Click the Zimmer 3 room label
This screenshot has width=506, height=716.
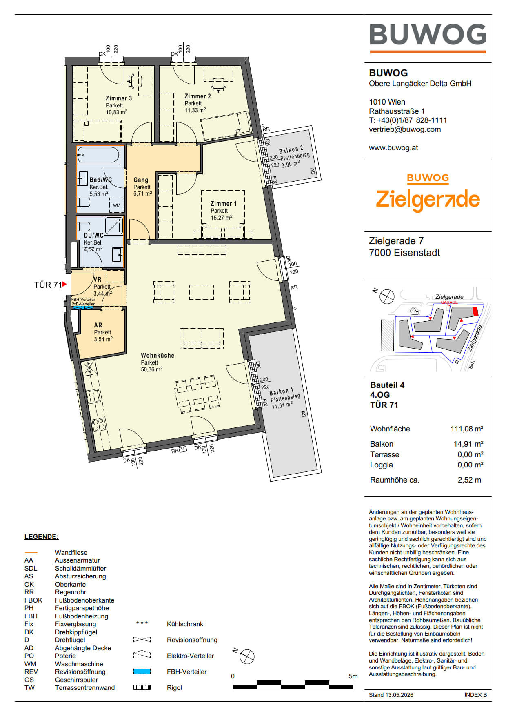click(x=119, y=98)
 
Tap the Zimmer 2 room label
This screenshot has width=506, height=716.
click(x=198, y=96)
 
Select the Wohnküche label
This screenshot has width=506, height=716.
click(x=158, y=356)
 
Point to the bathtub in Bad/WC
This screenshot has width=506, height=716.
click(x=98, y=155)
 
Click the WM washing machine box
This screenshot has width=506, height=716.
click(x=117, y=205)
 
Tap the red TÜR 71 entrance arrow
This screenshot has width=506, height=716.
click(x=64, y=284)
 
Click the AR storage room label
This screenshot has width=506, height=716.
click(x=98, y=325)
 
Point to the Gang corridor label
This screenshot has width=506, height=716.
click(x=141, y=180)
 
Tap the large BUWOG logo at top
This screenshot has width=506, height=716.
click(x=428, y=35)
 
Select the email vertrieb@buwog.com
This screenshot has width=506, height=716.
click(x=405, y=129)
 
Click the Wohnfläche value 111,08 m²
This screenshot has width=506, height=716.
click(x=467, y=429)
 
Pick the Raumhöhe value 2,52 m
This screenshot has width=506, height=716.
click(x=469, y=480)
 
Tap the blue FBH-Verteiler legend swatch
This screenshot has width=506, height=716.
click(x=142, y=672)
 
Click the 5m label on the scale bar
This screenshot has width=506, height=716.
click(x=353, y=676)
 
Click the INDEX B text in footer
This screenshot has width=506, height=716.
click(x=475, y=695)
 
